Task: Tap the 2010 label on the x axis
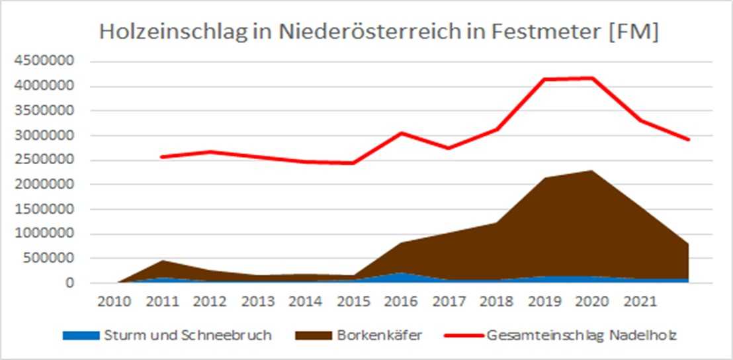(114, 302)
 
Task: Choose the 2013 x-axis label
(258, 302)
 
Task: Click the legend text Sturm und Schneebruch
(187, 336)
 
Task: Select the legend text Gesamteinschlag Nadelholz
(582, 336)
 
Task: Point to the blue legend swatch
(81, 336)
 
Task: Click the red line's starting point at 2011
(162, 157)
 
